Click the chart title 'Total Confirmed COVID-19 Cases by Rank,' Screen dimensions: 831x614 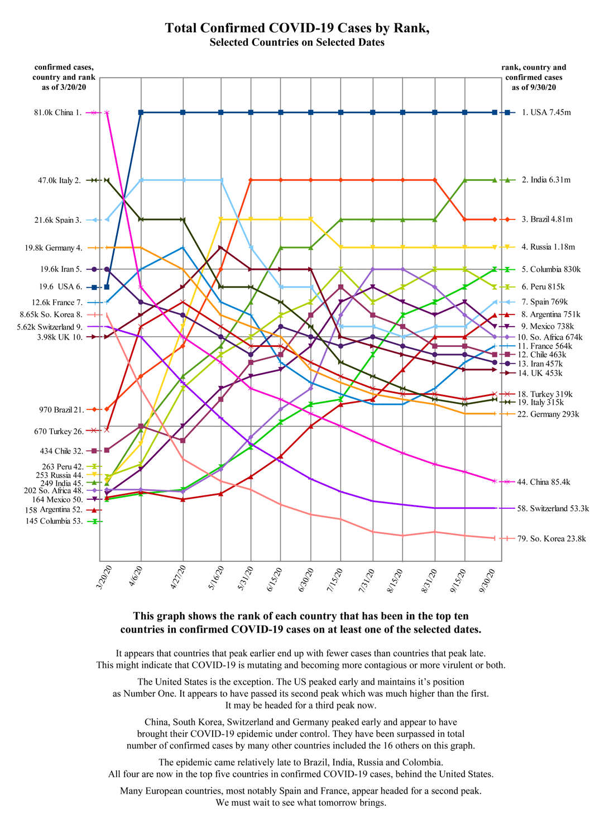click(x=297, y=28)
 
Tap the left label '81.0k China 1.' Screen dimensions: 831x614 click(x=57, y=113)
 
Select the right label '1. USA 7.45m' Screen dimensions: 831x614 click(x=546, y=113)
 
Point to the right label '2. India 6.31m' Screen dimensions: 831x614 click(x=546, y=180)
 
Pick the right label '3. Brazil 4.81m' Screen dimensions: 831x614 click(x=547, y=219)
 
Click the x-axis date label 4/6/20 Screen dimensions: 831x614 click(x=136, y=575)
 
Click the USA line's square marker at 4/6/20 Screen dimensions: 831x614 click(x=141, y=113)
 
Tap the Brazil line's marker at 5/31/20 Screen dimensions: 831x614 click(x=251, y=180)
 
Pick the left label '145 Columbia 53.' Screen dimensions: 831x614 click(x=55, y=522)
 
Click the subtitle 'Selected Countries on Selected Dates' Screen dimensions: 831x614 click(x=297, y=42)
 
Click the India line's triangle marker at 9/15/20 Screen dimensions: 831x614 click(x=464, y=180)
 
